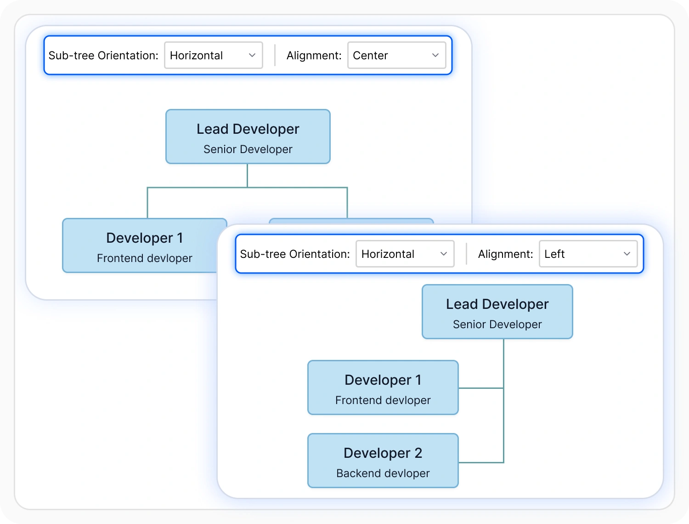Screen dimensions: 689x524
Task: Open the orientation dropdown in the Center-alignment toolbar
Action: pyautogui.click(x=214, y=55)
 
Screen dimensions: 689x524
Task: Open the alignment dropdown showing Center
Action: pyautogui.click(x=397, y=55)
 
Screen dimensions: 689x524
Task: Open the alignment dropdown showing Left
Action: pyautogui.click(x=588, y=254)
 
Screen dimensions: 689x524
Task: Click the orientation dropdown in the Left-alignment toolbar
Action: pyautogui.click(x=405, y=254)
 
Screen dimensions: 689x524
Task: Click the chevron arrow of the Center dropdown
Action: pyautogui.click(x=435, y=55)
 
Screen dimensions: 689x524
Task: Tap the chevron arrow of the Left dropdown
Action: pyautogui.click(x=627, y=254)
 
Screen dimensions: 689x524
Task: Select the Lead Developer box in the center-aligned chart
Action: pyautogui.click(x=248, y=137)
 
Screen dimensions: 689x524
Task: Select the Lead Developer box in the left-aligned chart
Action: pyautogui.click(x=497, y=312)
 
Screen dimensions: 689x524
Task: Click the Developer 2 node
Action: pyautogui.click(x=383, y=461)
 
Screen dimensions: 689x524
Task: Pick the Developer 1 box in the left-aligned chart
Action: pyautogui.click(x=383, y=387)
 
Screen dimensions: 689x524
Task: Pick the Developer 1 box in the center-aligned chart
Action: pyautogui.click(x=144, y=245)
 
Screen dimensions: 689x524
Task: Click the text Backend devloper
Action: pyautogui.click(x=383, y=473)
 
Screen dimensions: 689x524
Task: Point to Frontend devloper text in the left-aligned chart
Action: pyautogui.click(x=383, y=400)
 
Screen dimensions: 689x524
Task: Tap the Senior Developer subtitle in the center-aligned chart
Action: pyautogui.click(x=248, y=149)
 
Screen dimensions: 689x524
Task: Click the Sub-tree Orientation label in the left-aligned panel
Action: pyautogui.click(x=295, y=254)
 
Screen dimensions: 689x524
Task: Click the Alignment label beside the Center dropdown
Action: pyautogui.click(x=314, y=56)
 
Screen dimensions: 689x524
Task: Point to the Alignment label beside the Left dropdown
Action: pyautogui.click(x=505, y=254)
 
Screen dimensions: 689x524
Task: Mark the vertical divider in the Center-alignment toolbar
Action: pyautogui.click(x=275, y=55)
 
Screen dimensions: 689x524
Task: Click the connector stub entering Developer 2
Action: pyautogui.click(x=481, y=462)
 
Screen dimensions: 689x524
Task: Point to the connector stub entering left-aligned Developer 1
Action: pyautogui.click(x=481, y=388)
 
